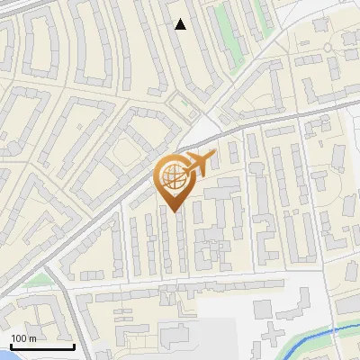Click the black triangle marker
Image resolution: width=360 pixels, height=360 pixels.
pos(181,24)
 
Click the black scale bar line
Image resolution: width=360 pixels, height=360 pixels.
pos(42,346)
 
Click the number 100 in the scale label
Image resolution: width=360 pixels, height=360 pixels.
pos(20,338)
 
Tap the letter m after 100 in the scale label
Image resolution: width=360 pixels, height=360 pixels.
pos(32,338)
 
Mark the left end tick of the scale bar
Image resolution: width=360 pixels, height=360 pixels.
pos(11,345)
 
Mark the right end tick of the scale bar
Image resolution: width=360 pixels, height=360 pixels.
pos(74,345)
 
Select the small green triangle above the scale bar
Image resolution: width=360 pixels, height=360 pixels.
pos(36,281)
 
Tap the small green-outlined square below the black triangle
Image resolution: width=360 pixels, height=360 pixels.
pos(185,104)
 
